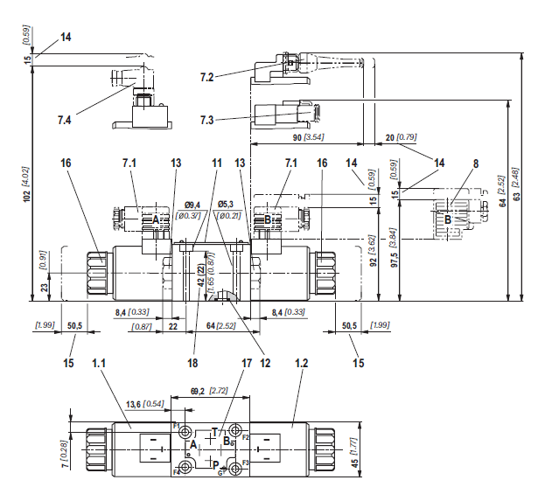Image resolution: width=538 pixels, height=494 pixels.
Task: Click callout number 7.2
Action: click(207, 77)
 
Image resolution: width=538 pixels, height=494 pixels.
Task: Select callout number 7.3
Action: click(207, 120)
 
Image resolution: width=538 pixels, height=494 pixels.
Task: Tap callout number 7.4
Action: click(65, 120)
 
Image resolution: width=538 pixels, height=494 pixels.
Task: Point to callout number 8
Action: click(476, 164)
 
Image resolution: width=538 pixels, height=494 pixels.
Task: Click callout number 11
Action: click(217, 163)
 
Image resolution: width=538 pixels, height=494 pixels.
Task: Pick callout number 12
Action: click(266, 363)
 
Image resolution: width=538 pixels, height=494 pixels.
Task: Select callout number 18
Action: click(192, 363)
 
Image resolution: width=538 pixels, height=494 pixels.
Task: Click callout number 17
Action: click(247, 363)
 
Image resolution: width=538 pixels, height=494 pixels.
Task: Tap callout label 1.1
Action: click(99, 363)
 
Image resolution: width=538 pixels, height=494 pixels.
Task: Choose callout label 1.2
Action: click(302, 363)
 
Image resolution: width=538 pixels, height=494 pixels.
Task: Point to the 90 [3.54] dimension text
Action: click(308, 137)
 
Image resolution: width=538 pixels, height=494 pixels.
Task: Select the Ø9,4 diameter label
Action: click(192, 205)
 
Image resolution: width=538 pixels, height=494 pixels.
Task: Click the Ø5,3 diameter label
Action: click(226, 205)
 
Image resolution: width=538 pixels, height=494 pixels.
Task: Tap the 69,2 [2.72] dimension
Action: click(209, 391)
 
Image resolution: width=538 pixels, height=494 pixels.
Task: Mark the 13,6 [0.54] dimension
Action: click(145, 404)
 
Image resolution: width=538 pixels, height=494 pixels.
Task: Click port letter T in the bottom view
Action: click(215, 432)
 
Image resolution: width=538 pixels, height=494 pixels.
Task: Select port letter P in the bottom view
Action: click(216, 465)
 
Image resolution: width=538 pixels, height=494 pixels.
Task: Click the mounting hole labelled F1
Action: click(186, 431)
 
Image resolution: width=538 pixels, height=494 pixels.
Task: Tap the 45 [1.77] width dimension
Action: click(355, 453)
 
